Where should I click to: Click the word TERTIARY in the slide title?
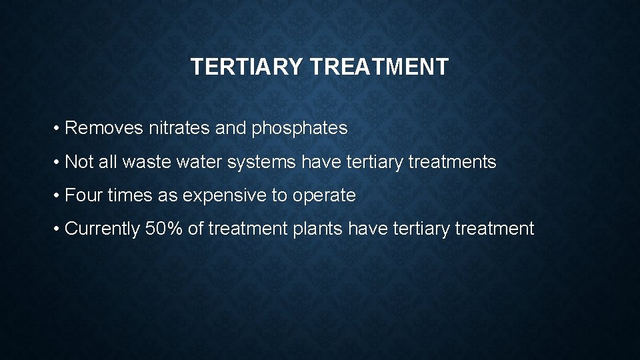click(246, 67)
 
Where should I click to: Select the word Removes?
click(104, 128)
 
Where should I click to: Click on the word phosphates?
click(299, 129)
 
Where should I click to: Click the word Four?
click(83, 195)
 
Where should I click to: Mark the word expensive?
click(227, 196)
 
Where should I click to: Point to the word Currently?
click(103, 229)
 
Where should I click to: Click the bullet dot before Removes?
click(58, 129)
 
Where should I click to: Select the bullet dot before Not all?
click(58, 162)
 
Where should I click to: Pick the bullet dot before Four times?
click(58, 195)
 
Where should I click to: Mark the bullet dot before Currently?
click(58, 229)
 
